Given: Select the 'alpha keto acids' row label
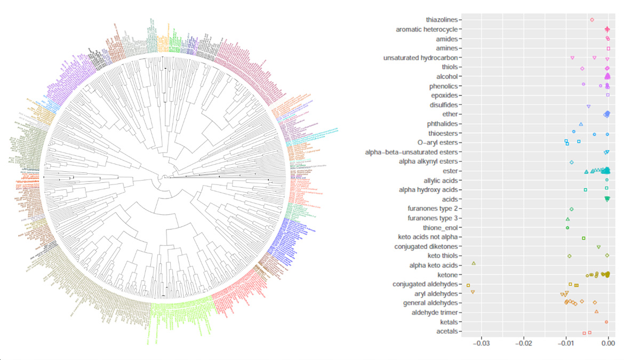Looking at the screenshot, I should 433,266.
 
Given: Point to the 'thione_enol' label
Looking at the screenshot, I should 441,228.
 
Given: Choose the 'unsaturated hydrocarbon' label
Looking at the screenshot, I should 422,58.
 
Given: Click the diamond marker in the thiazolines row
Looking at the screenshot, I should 592,20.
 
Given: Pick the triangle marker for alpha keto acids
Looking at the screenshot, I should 474,263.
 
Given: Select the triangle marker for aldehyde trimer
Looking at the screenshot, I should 596,311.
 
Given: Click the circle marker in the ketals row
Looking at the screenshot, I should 606,322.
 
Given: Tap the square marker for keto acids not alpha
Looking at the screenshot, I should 583,238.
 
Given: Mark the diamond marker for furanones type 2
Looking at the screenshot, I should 571,209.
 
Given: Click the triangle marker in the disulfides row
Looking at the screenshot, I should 588,107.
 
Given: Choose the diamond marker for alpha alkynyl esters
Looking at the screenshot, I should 571,162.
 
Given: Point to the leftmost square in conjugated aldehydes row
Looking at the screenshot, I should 468,285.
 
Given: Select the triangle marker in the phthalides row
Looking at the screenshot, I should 581,124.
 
